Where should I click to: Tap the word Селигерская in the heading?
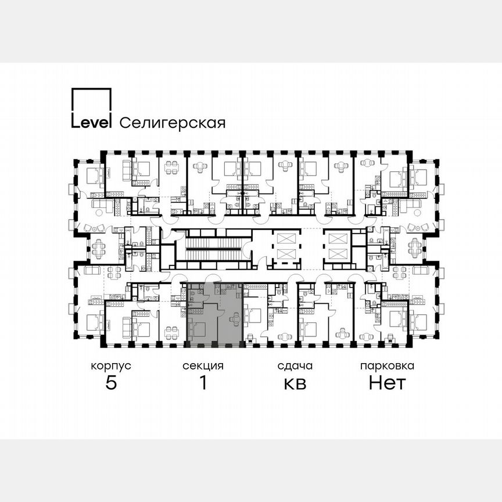tap(172, 123)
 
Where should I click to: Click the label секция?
tap(203, 366)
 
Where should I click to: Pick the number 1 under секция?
tap(203, 383)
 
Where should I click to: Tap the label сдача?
tap(295, 366)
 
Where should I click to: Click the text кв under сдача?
tap(295, 384)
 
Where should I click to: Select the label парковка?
tap(387, 366)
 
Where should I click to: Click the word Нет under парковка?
tap(387, 383)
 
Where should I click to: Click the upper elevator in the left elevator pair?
tap(286, 238)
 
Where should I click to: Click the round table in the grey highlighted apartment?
tap(235, 318)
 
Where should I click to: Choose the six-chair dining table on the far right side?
tap(414, 249)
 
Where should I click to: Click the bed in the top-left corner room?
tap(93, 174)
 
